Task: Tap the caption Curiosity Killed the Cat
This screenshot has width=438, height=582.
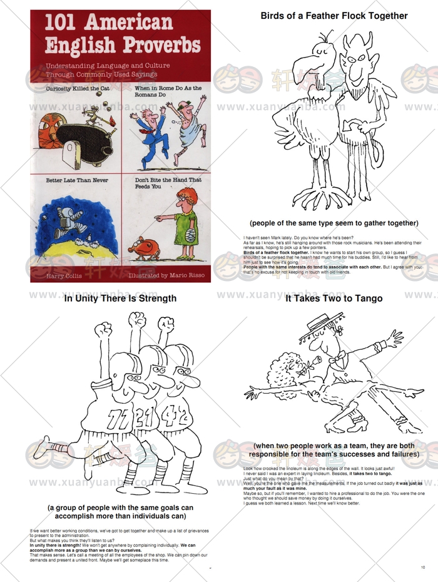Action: [x=77, y=89]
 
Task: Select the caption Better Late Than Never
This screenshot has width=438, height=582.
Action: [x=77, y=180]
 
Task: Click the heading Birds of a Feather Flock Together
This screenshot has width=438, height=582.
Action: [x=334, y=16]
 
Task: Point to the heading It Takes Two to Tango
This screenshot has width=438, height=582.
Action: [x=334, y=299]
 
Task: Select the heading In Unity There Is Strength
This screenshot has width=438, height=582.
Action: [x=120, y=299]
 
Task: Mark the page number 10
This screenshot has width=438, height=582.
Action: [x=424, y=568]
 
